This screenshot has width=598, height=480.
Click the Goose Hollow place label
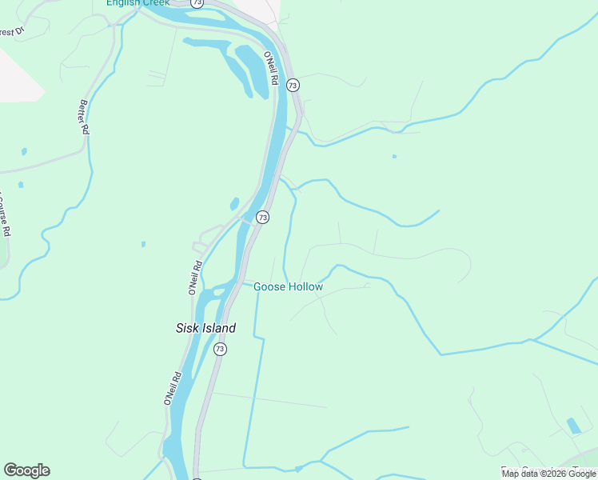pos(288,286)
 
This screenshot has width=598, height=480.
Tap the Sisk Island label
pos(205,328)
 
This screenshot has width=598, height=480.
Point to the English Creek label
pos(138,2)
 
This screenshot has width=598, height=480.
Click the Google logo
pos(26,470)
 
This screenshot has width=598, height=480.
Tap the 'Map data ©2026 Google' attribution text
pos(548,474)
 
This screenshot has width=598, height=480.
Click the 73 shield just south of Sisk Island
pos(220,349)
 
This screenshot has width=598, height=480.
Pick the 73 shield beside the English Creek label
pos(197,3)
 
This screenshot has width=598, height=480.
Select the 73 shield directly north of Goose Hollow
pos(262,217)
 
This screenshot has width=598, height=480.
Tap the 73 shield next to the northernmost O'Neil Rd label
pos(293,85)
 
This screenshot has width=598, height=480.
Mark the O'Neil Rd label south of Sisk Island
pos(172,387)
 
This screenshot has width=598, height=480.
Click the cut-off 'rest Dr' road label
pos(12,33)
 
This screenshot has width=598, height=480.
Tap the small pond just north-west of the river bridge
pos(234,204)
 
